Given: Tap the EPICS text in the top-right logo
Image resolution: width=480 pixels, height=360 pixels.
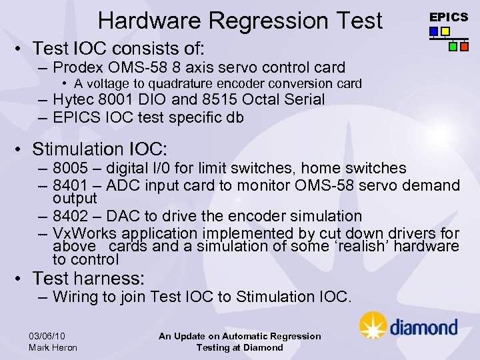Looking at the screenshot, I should [x=448, y=17].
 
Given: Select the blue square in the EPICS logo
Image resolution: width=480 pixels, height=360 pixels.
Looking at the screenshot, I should [x=434, y=31].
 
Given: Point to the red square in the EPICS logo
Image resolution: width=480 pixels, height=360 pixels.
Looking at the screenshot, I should [x=464, y=47].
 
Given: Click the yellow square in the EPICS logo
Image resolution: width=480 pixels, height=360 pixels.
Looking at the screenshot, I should [x=445, y=31].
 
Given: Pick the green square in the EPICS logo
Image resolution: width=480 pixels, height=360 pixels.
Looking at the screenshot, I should [x=453, y=47].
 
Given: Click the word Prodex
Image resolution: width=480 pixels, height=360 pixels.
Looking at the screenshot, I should [x=75, y=67].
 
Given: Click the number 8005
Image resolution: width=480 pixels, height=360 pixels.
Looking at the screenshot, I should [x=70, y=168].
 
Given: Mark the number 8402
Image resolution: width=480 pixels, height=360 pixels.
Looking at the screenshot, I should [x=70, y=216].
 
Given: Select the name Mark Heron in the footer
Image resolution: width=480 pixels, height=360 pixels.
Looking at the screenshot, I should [x=53, y=347].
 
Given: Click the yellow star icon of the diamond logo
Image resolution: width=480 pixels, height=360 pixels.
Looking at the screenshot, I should [x=373, y=326].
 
